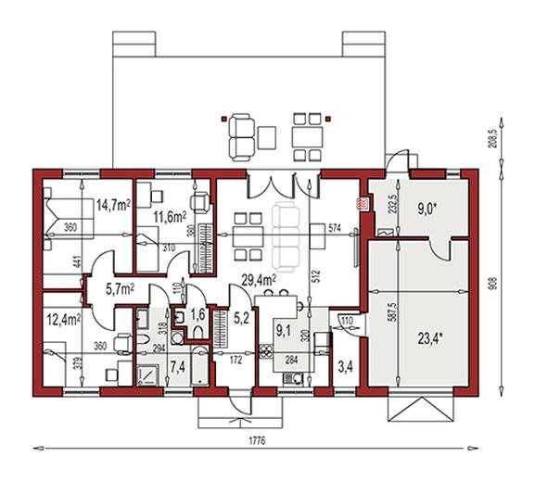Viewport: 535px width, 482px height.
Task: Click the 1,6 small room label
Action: (x=197, y=314)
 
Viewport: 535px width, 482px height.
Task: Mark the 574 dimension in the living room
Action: (x=336, y=227)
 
